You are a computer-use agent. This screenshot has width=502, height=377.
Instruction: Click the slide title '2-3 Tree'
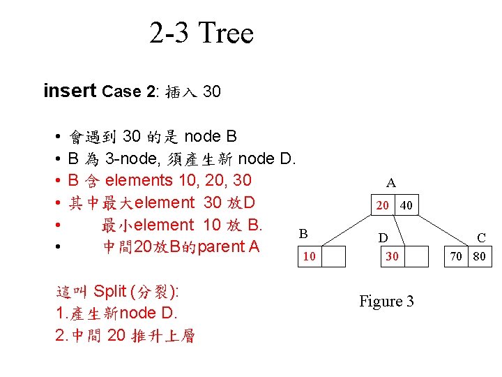(x=201, y=33)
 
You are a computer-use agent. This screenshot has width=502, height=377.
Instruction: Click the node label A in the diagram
(x=391, y=183)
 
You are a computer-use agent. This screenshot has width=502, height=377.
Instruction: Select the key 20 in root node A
(x=383, y=205)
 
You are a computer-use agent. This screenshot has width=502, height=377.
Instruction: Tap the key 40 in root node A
(x=406, y=205)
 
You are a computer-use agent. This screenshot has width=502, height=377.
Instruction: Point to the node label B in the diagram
(x=304, y=233)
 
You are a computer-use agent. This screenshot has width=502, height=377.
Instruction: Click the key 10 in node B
(x=310, y=257)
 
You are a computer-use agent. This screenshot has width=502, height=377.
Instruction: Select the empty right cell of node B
(x=335, y=257)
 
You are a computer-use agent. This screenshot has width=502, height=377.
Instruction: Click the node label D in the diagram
(x=383, y=238)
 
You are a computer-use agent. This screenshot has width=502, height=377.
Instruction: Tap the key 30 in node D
(x=393, y=257)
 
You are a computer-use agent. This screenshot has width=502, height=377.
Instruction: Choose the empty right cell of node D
(x=415, y=257)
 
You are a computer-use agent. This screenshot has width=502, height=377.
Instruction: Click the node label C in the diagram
(x=480, y=238)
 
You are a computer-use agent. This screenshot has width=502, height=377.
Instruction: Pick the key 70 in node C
(x=456, y=257)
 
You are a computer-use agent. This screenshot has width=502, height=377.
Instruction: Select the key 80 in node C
(x=478, y=257)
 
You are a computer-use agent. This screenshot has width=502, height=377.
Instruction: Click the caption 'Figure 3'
(x=386, y=302)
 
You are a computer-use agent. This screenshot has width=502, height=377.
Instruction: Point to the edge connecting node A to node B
(x=349, y=228)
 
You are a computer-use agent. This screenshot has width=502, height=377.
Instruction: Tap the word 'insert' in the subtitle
(x=70, y=91)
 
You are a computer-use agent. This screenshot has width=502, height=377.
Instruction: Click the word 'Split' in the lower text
(x=111, y=292)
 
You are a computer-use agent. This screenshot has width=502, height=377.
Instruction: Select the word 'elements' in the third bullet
(x=139, y=180)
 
